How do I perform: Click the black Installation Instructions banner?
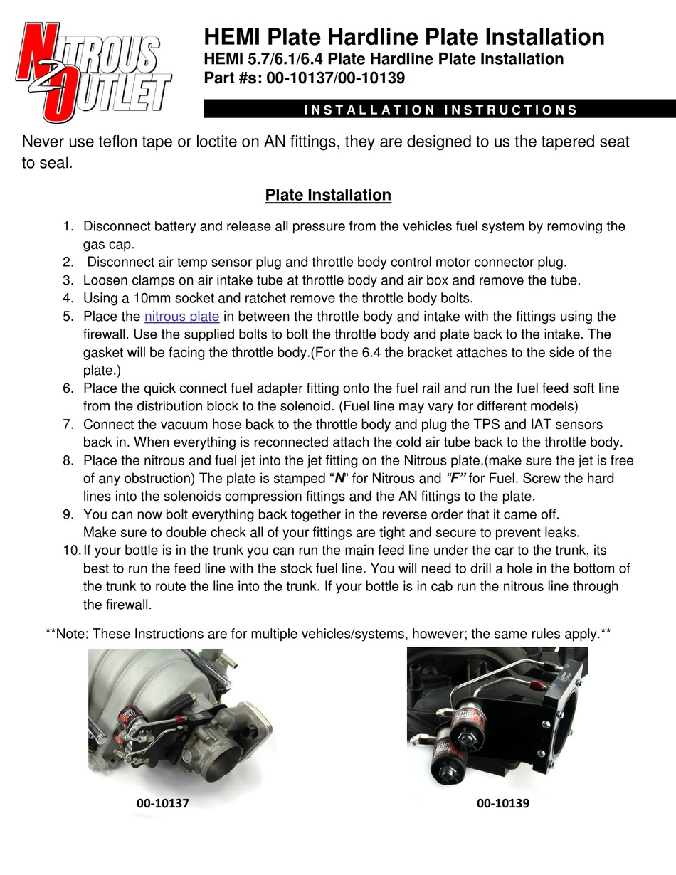tap(440, 110)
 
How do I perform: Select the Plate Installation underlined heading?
tap(328, 195)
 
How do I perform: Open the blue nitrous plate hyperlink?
tap(181, 317)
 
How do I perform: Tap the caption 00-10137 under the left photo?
tap(163, 803)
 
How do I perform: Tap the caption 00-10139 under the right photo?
tap(503, 803)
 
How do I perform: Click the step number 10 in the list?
tap(71, 551)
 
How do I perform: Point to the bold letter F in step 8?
tap(454, 479)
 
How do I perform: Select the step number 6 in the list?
tap(68, 388)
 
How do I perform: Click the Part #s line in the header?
tap(305, 78)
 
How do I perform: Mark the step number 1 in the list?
tap(68, 227)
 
